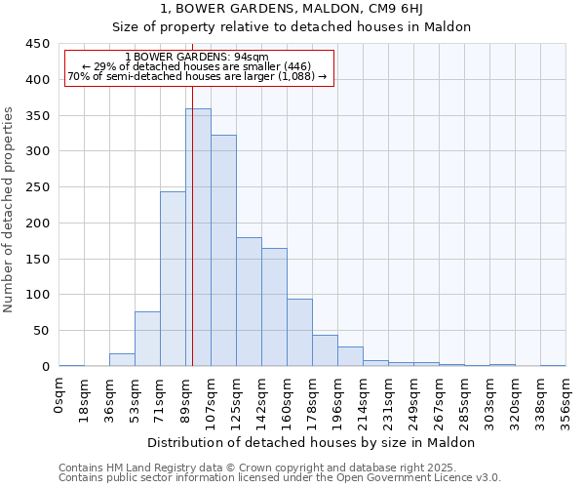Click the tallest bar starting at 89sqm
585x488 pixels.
point(198,237)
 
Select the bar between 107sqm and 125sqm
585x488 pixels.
point(223,251)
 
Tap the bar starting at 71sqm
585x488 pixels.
point(173,279)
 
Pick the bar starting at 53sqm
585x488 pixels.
point(147,339)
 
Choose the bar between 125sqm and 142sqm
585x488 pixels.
point(249,302)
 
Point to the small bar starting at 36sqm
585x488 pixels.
point(122,360)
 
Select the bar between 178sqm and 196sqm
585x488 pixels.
point(325,350)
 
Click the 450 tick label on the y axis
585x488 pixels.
point(38,44)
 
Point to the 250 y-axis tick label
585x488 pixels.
point(38,187)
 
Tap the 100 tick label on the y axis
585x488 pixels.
point(38,295)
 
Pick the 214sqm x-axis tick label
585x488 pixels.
point(363,401)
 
